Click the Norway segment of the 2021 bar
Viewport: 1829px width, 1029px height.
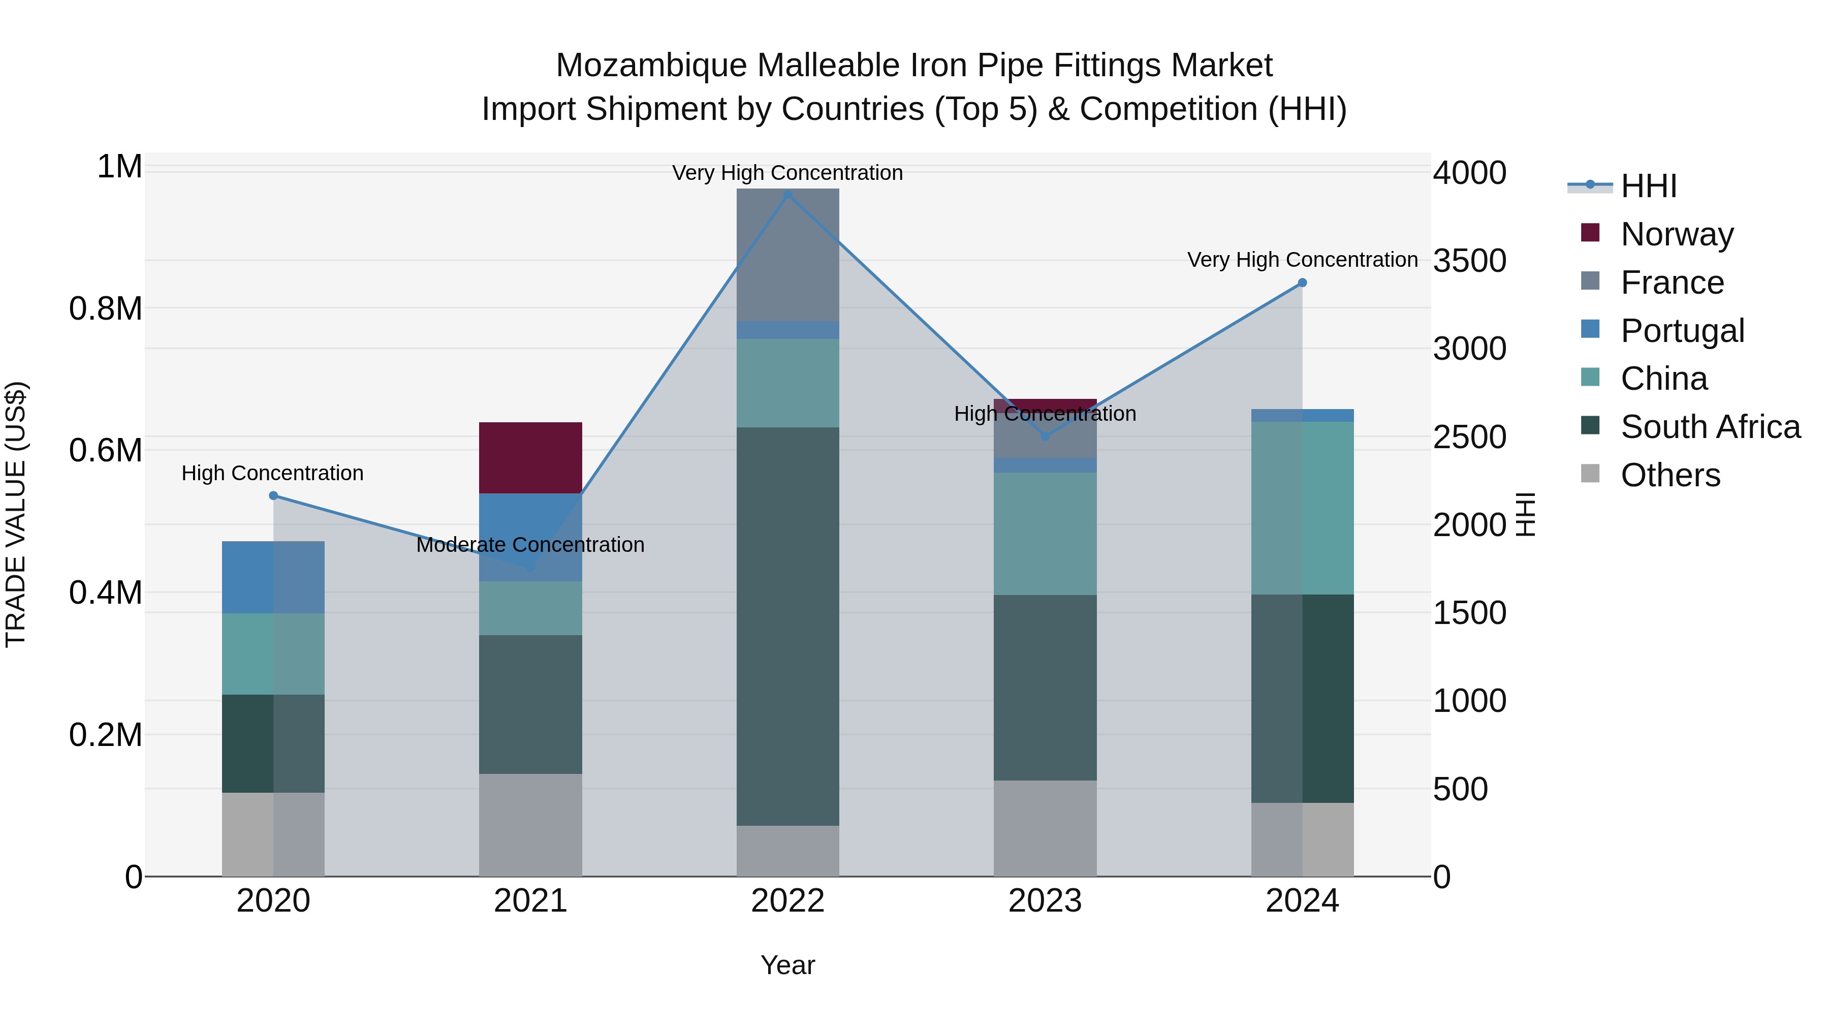coord(530,457)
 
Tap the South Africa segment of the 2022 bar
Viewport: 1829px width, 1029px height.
coord(787,626)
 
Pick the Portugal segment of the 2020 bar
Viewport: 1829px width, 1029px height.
coord(273,577)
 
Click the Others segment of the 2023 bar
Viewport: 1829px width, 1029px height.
coord(1045,828)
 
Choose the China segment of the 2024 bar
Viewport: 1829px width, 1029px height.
coord(1302,508)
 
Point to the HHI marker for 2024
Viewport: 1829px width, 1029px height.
coord(1302,283)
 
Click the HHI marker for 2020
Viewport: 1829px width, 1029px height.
coord(273,495)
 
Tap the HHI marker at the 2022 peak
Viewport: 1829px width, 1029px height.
coord(787,194)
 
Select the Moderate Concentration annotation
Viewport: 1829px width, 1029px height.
coord(530,545)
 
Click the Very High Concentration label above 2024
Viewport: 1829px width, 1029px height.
coord(1302,260)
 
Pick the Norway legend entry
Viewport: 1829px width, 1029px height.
coord(1677,234)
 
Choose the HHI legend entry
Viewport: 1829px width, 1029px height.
coord(1648,186)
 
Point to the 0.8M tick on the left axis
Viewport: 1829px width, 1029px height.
coord(106,309)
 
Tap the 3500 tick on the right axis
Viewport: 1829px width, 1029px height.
coord(1469,261)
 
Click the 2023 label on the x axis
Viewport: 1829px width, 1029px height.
coord(1045,901)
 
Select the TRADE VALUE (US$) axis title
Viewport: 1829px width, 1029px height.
coord(16,514)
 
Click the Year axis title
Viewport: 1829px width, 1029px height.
coord(787,965)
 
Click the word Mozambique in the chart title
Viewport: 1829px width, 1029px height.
coord(651,66)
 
